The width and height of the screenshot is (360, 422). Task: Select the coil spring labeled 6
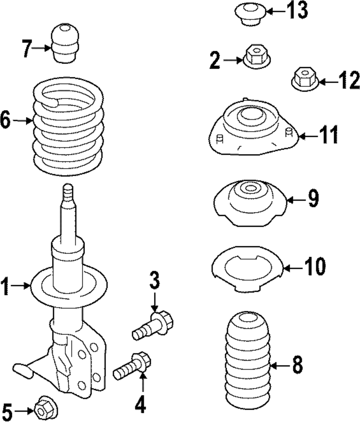point(68,128)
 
